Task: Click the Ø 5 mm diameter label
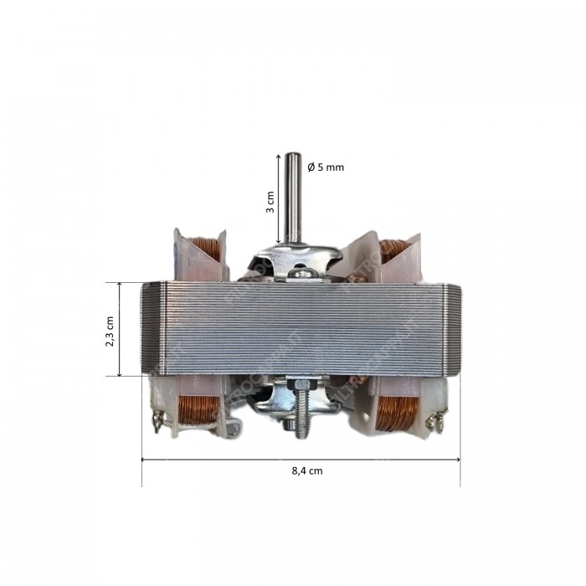tap(326, 167)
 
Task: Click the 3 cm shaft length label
tap(270, 202)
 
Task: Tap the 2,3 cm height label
tap(110, 329)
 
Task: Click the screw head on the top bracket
tap(306, 272)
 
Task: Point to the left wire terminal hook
tap(157, 422)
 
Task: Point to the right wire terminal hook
tap(434, 423)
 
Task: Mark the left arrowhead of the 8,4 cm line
tap(144, 460)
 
